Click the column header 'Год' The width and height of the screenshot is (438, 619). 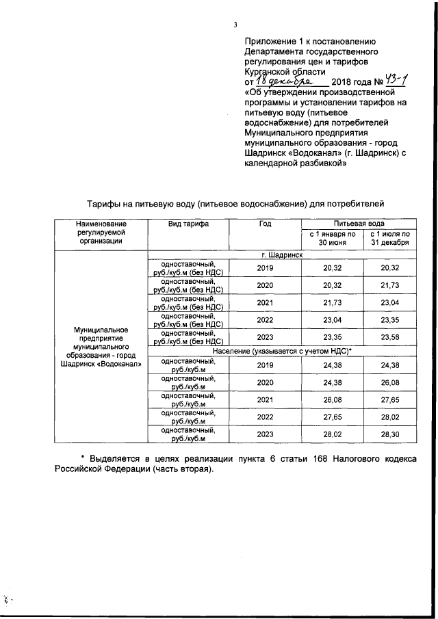[265, 224]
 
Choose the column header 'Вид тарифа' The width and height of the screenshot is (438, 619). [188, 224]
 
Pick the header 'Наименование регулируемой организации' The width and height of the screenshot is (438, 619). [101, 233]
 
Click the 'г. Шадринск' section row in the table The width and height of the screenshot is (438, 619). [281, 254]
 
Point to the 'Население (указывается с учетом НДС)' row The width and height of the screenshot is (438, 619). [281, 350]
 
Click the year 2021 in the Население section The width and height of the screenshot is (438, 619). [265, 399]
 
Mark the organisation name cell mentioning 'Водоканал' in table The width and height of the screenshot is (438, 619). [101, 347]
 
